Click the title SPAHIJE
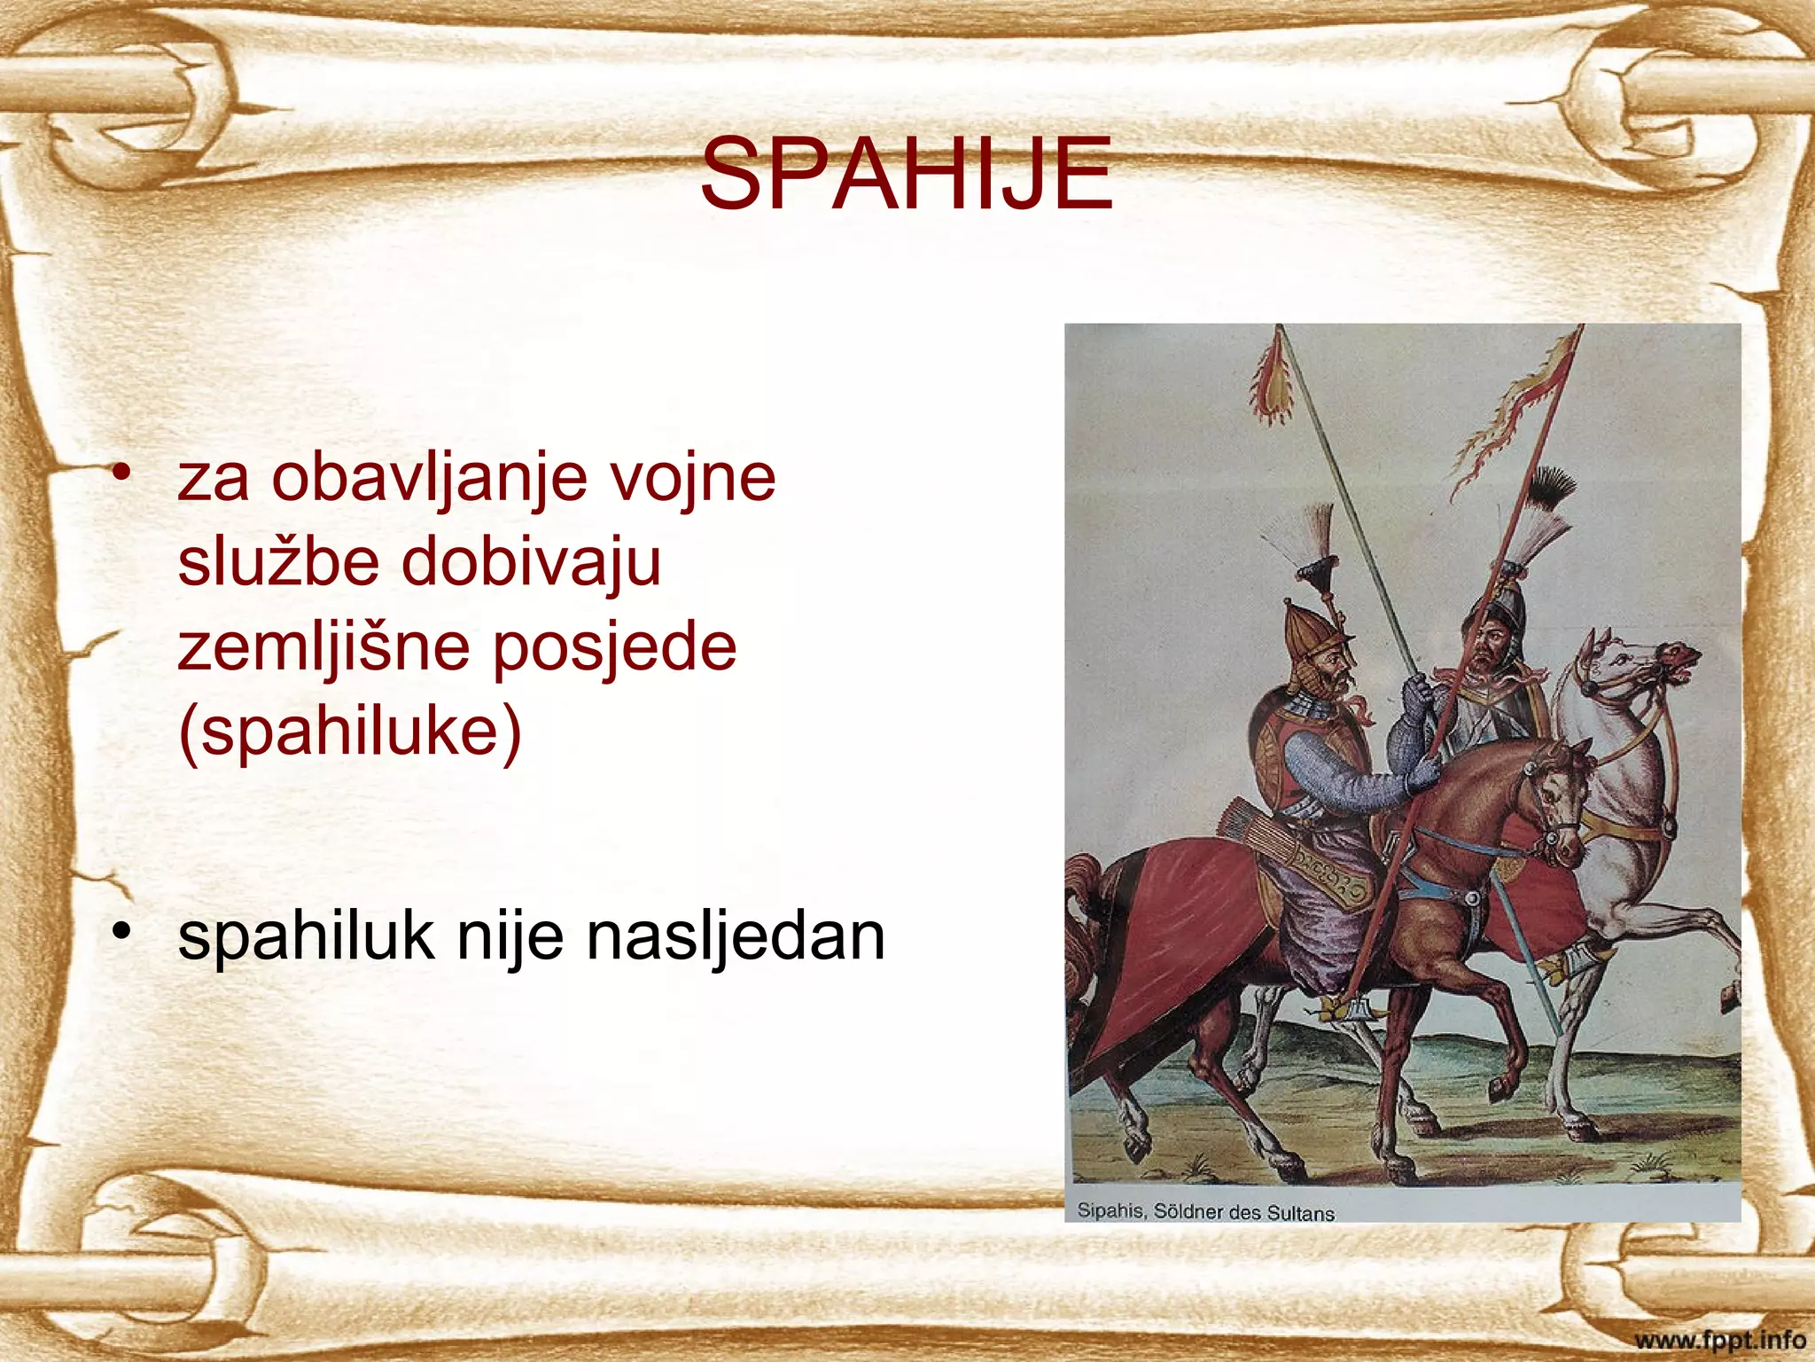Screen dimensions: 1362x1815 coord(906,174)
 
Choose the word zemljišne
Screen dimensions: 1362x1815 coord(323,647)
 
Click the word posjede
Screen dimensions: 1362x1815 coord(614,647)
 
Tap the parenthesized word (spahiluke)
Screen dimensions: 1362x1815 coord(350,732)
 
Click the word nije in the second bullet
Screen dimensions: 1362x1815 coord(509,936)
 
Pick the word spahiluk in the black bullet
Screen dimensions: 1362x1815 coord(306,936)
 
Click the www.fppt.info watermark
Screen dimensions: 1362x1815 coord(1719,1339)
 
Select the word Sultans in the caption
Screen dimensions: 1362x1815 coord(1300,1213)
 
